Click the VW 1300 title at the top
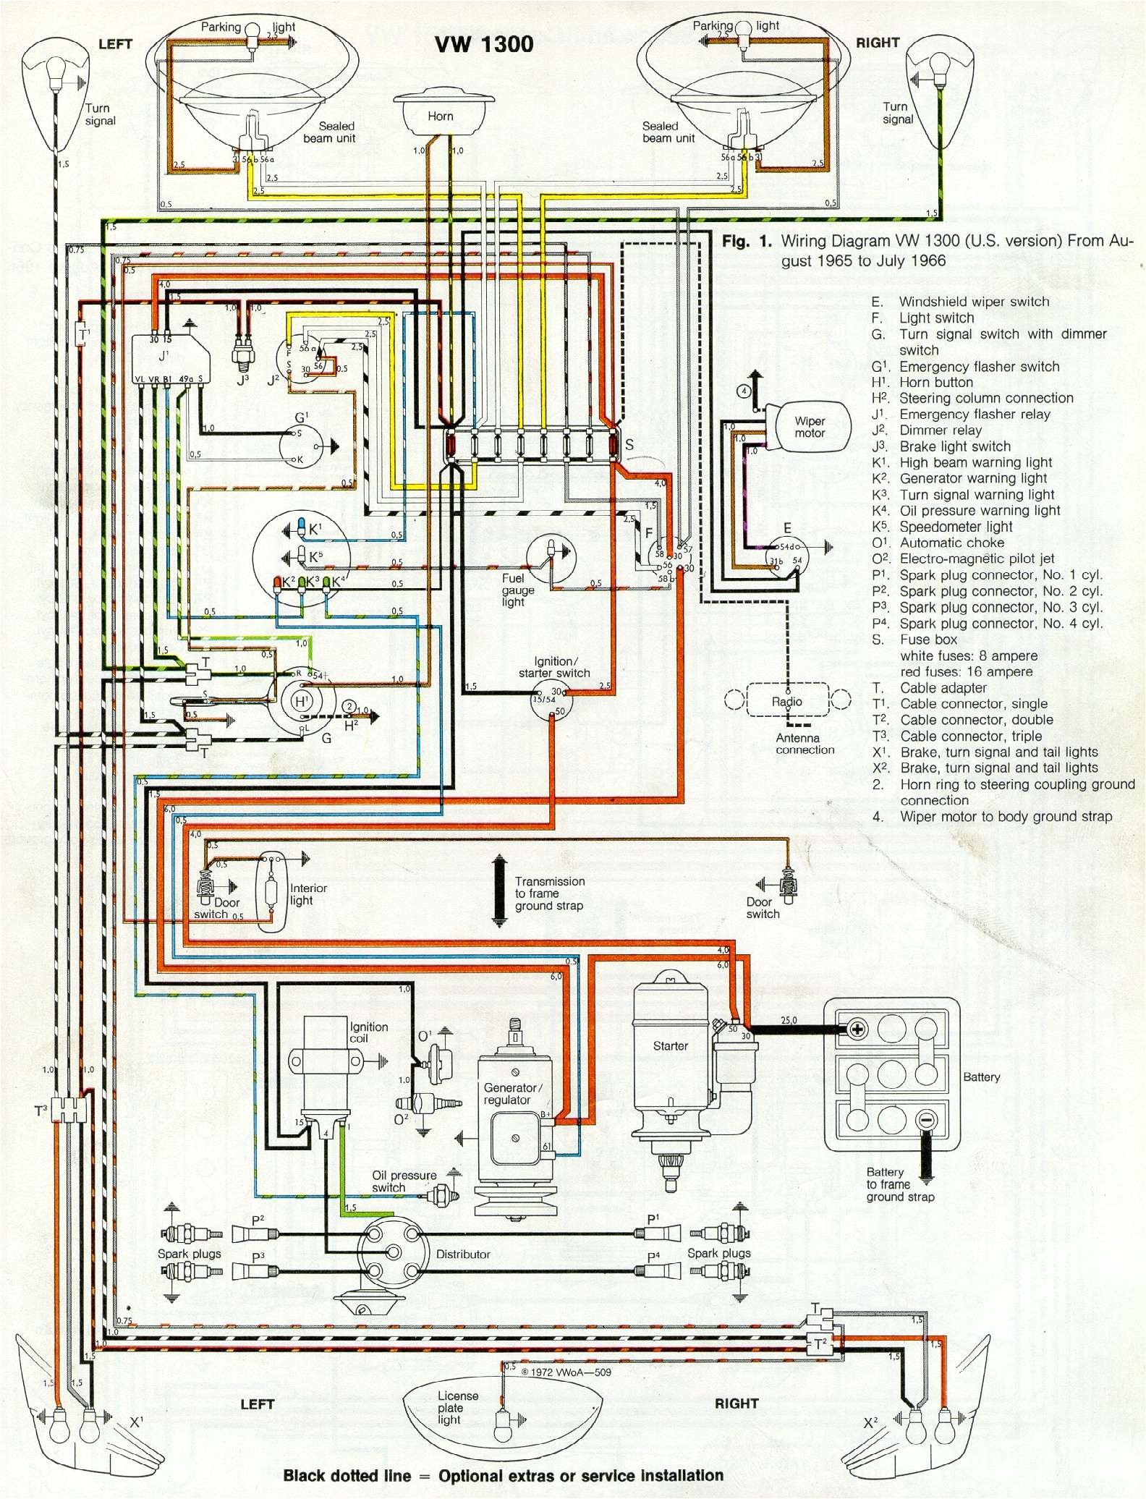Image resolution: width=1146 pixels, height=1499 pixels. tap(484, 44)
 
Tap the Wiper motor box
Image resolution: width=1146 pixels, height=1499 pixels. tap(809, 427)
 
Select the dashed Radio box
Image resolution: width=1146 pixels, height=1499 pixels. tap(787, 700)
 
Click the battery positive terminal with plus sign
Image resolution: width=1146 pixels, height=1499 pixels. tap(857, 1029)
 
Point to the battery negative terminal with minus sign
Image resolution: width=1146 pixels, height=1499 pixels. tap(925, 1121)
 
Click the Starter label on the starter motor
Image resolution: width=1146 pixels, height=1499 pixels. tap(670, 1045)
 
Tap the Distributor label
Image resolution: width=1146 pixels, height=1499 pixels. tap(463, 1254)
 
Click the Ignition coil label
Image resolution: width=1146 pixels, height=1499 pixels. tap(369, 1032)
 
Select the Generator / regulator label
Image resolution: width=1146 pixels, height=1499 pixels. tap(512, 1093)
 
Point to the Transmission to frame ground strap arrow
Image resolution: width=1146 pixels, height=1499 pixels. tap(499, 891)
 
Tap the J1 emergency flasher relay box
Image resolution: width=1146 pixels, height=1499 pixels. tap(171, 358)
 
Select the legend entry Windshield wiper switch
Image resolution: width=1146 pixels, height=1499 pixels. tap(973, 302)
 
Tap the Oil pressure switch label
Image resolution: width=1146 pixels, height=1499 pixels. tap(404, 1181)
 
